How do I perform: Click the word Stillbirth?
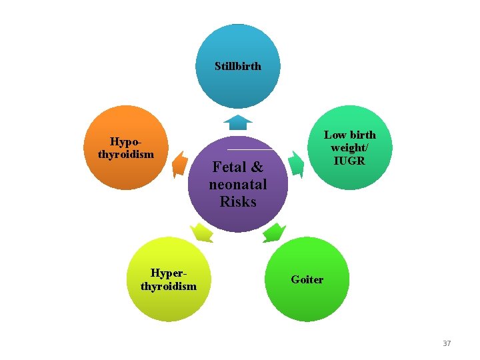tap(238, 66)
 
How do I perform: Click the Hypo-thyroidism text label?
tap(125, 147)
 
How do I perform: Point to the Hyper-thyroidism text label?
tap(169, 279)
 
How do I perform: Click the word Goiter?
tap(307, 279)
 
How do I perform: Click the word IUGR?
tap(350, 161)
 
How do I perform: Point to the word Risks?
tap(238, 201)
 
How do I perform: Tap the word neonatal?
tap(238, 184)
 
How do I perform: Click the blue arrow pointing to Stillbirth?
tap(238, 122)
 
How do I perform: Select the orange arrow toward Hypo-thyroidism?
tap(179, 163)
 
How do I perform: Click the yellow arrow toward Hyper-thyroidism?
tap(201, 233)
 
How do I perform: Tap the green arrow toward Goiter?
tap(273, 233)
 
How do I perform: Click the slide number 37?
tap(447, 343)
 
